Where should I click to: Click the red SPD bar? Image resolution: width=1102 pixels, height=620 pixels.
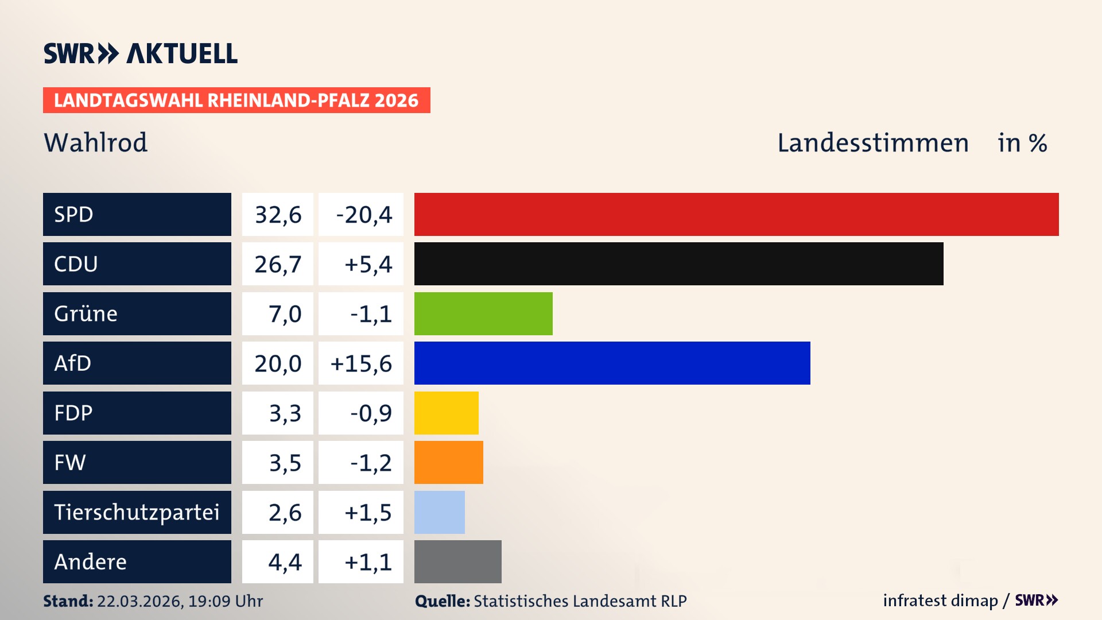point(736,214)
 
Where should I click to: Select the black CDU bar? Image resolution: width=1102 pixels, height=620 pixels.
point(678,263)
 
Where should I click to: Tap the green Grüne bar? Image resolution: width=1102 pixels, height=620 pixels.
point(483,313)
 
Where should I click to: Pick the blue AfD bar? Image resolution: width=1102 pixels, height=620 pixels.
point(612,363)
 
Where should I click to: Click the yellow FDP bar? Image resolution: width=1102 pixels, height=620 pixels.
point(446,413)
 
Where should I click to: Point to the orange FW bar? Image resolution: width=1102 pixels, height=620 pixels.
point(448,462)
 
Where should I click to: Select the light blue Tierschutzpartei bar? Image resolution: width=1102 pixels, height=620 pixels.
point(439,512)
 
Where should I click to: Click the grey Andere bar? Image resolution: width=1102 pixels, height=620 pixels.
point(457,561)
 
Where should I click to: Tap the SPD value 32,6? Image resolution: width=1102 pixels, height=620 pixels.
point(278,215)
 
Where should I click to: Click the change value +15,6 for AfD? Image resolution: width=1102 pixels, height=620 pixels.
point(361,363)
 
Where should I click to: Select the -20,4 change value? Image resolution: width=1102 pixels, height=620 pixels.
point(364,215)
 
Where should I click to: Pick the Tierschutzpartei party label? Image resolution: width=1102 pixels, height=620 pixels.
point(137,512)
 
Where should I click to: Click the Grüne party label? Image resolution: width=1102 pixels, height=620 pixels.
point(86,313)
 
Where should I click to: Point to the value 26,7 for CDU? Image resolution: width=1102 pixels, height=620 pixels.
point(278,264)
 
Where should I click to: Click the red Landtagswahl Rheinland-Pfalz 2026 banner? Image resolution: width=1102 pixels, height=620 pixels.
point(236,100)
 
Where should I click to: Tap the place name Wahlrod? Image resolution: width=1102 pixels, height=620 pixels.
point(95,142)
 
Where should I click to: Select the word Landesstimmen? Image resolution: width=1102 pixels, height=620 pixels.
point(872,143)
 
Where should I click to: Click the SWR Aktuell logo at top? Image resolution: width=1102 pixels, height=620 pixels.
point(140,53)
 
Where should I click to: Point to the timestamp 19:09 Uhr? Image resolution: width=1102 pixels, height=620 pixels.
point(225,601)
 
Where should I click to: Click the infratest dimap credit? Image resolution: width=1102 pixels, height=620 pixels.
point(940,600)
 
